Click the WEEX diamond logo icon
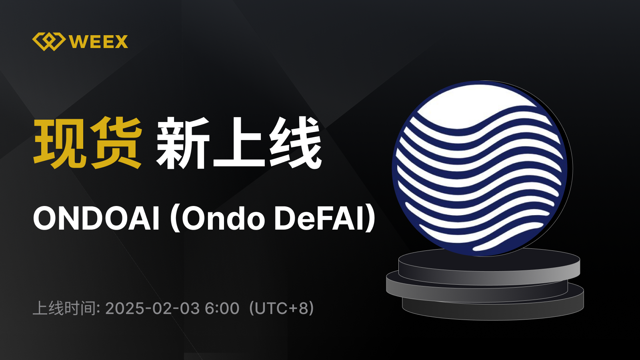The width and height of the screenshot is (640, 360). pyautogui.click(x=48, y=42)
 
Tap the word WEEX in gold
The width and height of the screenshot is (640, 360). pyautogui.click(x=98, y=42)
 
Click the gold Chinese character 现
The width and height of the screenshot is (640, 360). pyautogui.click(x=59, y=142)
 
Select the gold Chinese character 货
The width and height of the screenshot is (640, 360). pyautogui.click(x=116, y=142)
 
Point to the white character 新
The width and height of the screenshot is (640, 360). pyautogui.click(x=182, y=142)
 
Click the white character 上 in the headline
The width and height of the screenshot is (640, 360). pyautogui.click(x=239, y=142)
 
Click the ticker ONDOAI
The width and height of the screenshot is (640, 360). pyautogui.click(x=96, y=218)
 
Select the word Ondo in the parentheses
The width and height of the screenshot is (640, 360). pyautogui.click(x=223, y=218)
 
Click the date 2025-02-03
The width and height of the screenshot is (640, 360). pyautogui.click(x=152, y=308)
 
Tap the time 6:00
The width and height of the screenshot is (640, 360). pyautogui.click(x=222, y=308)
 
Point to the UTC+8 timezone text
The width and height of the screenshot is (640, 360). pyautogui.click(x=282, y=308)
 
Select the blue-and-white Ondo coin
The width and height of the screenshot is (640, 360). pyautogui.click(x=480, y=168)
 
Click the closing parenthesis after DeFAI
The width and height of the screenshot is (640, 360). pyautogui.click(x=370, y=218)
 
